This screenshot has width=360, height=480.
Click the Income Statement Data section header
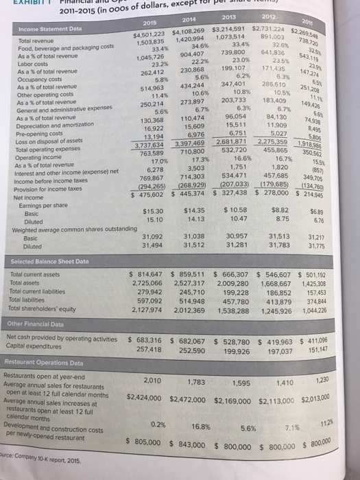[x=43, y=28]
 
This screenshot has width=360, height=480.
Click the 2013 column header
[x=235, y=19]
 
